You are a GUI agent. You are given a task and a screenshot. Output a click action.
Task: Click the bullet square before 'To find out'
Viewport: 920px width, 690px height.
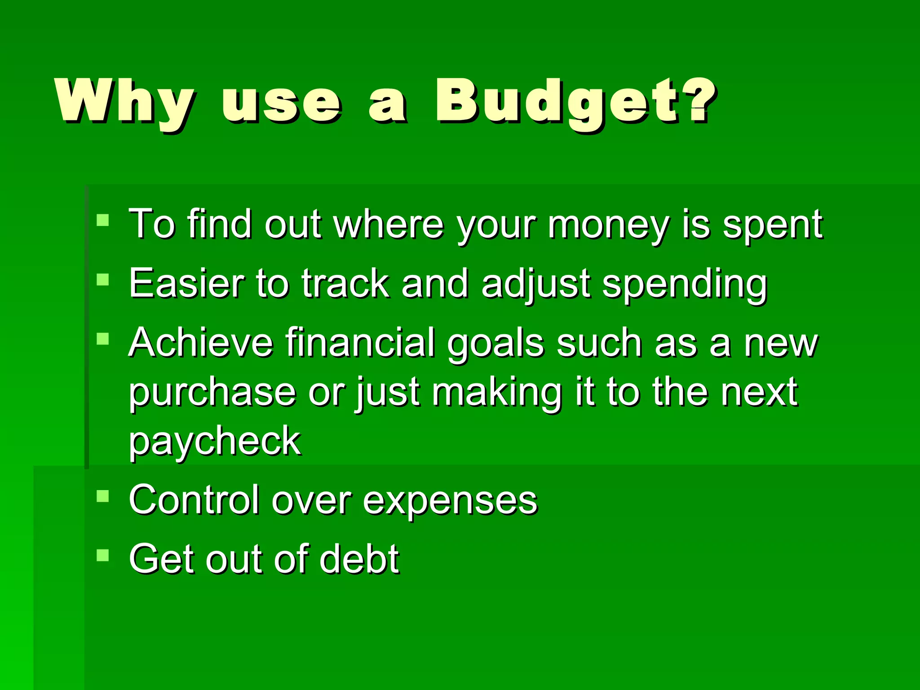pos(103,220)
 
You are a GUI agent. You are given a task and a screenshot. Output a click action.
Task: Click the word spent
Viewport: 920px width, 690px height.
pos(773,225)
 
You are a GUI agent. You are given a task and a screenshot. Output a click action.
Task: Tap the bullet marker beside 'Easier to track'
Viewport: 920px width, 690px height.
pos(103,280)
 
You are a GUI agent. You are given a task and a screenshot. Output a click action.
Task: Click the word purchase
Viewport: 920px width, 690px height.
pos(212,393)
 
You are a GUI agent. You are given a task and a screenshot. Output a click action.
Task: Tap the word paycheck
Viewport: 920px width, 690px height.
pos(215,442)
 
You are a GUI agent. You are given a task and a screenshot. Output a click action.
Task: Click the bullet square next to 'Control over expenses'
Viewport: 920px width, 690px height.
pos(103,496)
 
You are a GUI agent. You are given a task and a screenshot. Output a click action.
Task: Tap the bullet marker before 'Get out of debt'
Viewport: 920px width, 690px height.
pos(103,556)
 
